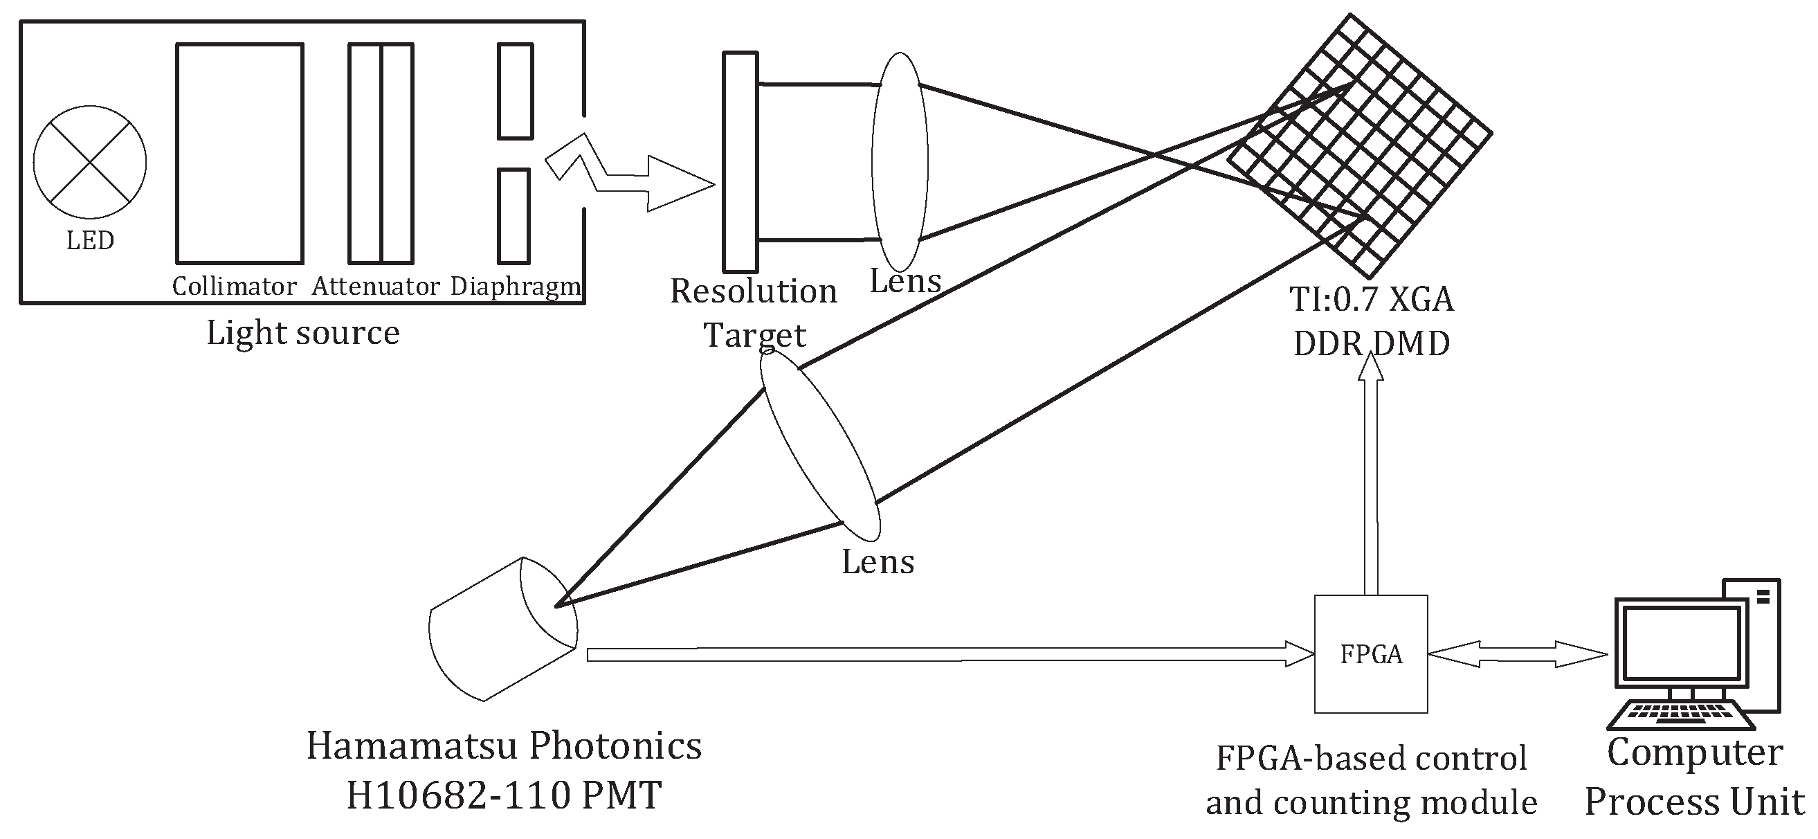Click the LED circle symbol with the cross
coord(90,162)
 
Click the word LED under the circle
coord(90,241)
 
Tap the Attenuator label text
coord(376,287)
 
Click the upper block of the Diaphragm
coord(515,91)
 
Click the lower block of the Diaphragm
coord(513,216)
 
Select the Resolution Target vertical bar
coord(740,162)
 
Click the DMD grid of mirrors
coord(1359,146)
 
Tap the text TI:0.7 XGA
coord(1371,300)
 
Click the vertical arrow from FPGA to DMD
coord(1370,480)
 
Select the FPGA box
coord(1370,654)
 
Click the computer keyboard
coord(1680,714)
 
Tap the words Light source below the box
coord(302,333)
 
